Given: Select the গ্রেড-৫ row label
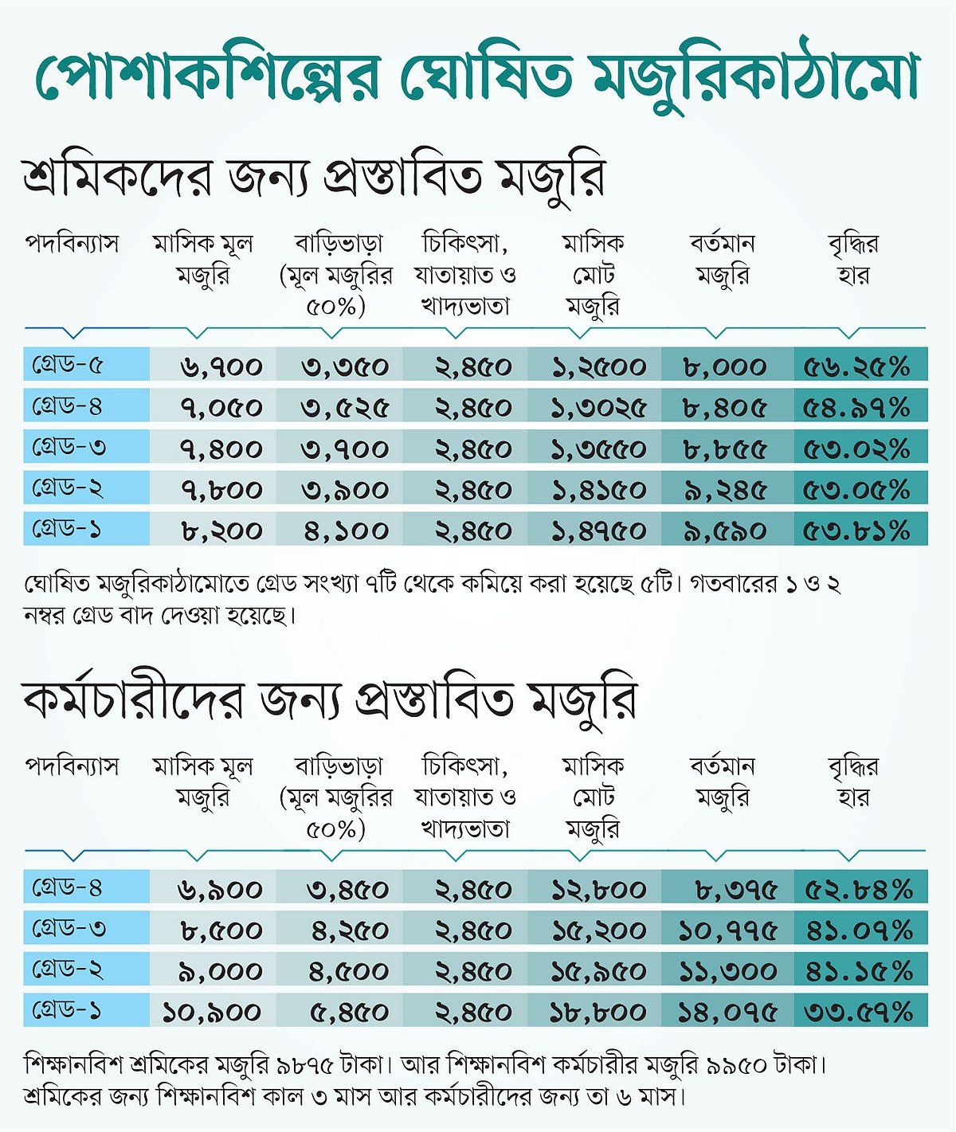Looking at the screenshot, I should coord(67,366).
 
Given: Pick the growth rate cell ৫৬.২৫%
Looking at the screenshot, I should coord(856,367).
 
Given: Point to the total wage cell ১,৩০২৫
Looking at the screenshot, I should coord(598,409).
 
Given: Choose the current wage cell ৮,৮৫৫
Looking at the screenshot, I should coord(725,449).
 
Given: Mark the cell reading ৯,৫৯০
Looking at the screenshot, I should coord(725,531).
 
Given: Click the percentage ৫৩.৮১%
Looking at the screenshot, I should coord(856,531).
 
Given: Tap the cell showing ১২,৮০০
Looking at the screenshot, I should coord(598,890).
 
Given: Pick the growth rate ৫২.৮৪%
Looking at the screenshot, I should coord(859,890).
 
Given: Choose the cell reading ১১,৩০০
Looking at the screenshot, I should coord(727,972).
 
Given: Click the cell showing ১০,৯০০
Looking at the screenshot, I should coord(212,1013).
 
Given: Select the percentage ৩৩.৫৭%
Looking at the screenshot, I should coord(859,1013).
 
